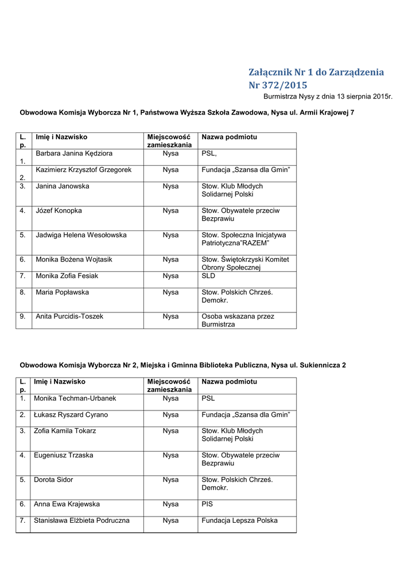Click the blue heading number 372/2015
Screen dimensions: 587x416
(x=278, y=85)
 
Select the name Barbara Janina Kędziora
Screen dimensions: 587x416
(x=74, y=154)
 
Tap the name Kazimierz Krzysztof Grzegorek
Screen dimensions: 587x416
(x=84, y=170)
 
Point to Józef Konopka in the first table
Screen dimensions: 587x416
(x=59, y=210)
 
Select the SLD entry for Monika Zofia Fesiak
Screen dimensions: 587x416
(x=208, y=276)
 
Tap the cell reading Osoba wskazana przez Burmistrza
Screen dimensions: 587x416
(x=238, y=320)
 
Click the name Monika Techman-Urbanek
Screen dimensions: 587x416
(x=75, y=398)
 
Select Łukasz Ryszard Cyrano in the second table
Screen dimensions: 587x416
(x=71, y=414)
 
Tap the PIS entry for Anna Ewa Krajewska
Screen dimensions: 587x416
(x=207, y=504)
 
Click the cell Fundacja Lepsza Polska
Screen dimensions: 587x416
(x=239, y=521)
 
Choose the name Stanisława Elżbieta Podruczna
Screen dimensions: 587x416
(x=81, y=521)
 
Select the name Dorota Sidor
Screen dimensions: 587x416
(x=53, y=480)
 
